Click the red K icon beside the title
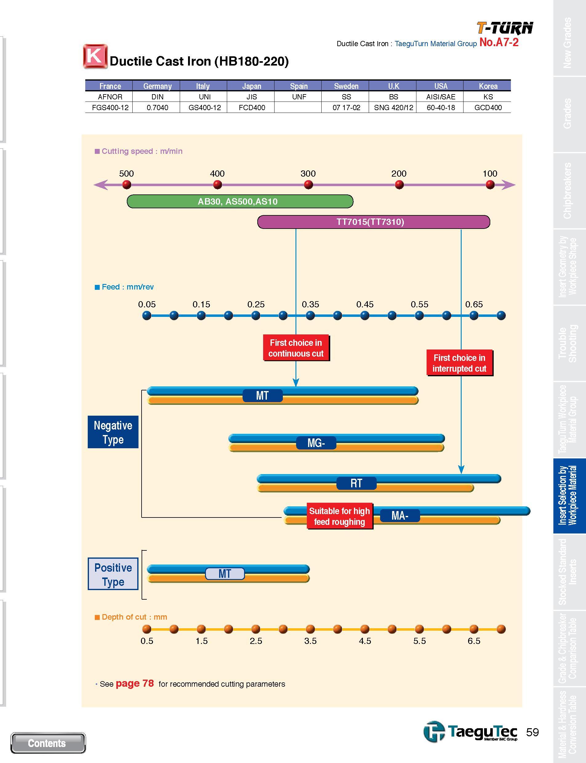click(94, 56)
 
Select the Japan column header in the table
click(251, 86)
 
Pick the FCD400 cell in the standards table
click(251, 107)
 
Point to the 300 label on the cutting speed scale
click(308, 173)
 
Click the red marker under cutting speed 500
click(126, 185)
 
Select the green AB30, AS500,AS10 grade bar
click(240, 201)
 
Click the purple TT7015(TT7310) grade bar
click(374, 222)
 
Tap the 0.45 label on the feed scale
click(365, 304)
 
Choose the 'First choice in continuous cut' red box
click(296, 348)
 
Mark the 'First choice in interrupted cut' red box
click(460, 363)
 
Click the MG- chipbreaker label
click(316, 443)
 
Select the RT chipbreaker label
click(356, 483)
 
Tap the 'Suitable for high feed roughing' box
click(339, 516)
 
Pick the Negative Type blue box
click(113, 432)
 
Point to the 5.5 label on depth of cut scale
click(419, 641)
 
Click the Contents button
click(48, 743)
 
